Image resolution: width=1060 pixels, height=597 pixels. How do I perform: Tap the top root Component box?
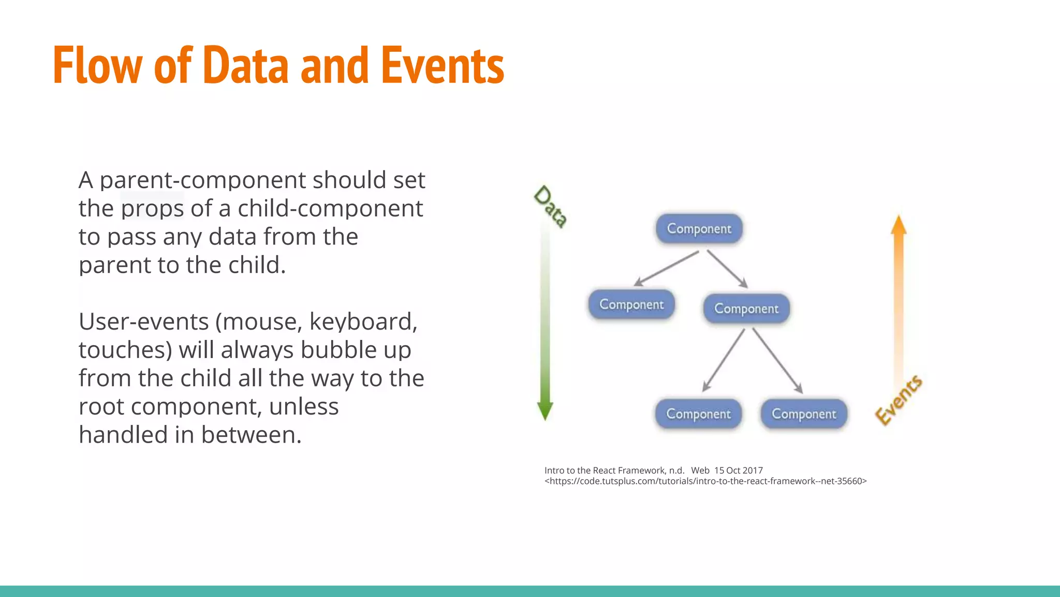tap(699, 229)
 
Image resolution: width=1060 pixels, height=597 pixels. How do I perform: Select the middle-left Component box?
tap(631, 304)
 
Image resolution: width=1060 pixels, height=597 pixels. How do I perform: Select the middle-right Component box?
tap(746, 308)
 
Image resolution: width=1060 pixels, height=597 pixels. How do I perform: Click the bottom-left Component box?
tap(698, 414)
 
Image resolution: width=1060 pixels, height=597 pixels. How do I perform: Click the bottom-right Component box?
tap(804, 414)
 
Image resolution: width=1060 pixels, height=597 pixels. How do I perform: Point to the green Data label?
tap(551, 206)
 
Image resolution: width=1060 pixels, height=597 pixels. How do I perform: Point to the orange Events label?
tap(899, 400)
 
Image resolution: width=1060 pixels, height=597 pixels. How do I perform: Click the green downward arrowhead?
tap(545, 410)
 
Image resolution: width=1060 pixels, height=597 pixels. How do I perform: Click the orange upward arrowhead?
tap(899, 225)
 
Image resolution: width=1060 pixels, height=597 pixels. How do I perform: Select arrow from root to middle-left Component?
tap(667, 268)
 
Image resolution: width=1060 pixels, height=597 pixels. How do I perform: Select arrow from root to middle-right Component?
tap(727, 269)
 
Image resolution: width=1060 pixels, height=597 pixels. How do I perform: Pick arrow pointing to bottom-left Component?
tap(724, 360)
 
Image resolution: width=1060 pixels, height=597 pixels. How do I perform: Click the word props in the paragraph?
tap(152, 208)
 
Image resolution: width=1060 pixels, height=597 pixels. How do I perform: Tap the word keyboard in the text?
tap(363, 321)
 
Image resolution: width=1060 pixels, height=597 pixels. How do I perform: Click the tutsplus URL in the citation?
tap(705, 481)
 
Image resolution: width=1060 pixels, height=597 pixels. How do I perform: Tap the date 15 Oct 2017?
tap(739, 471)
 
